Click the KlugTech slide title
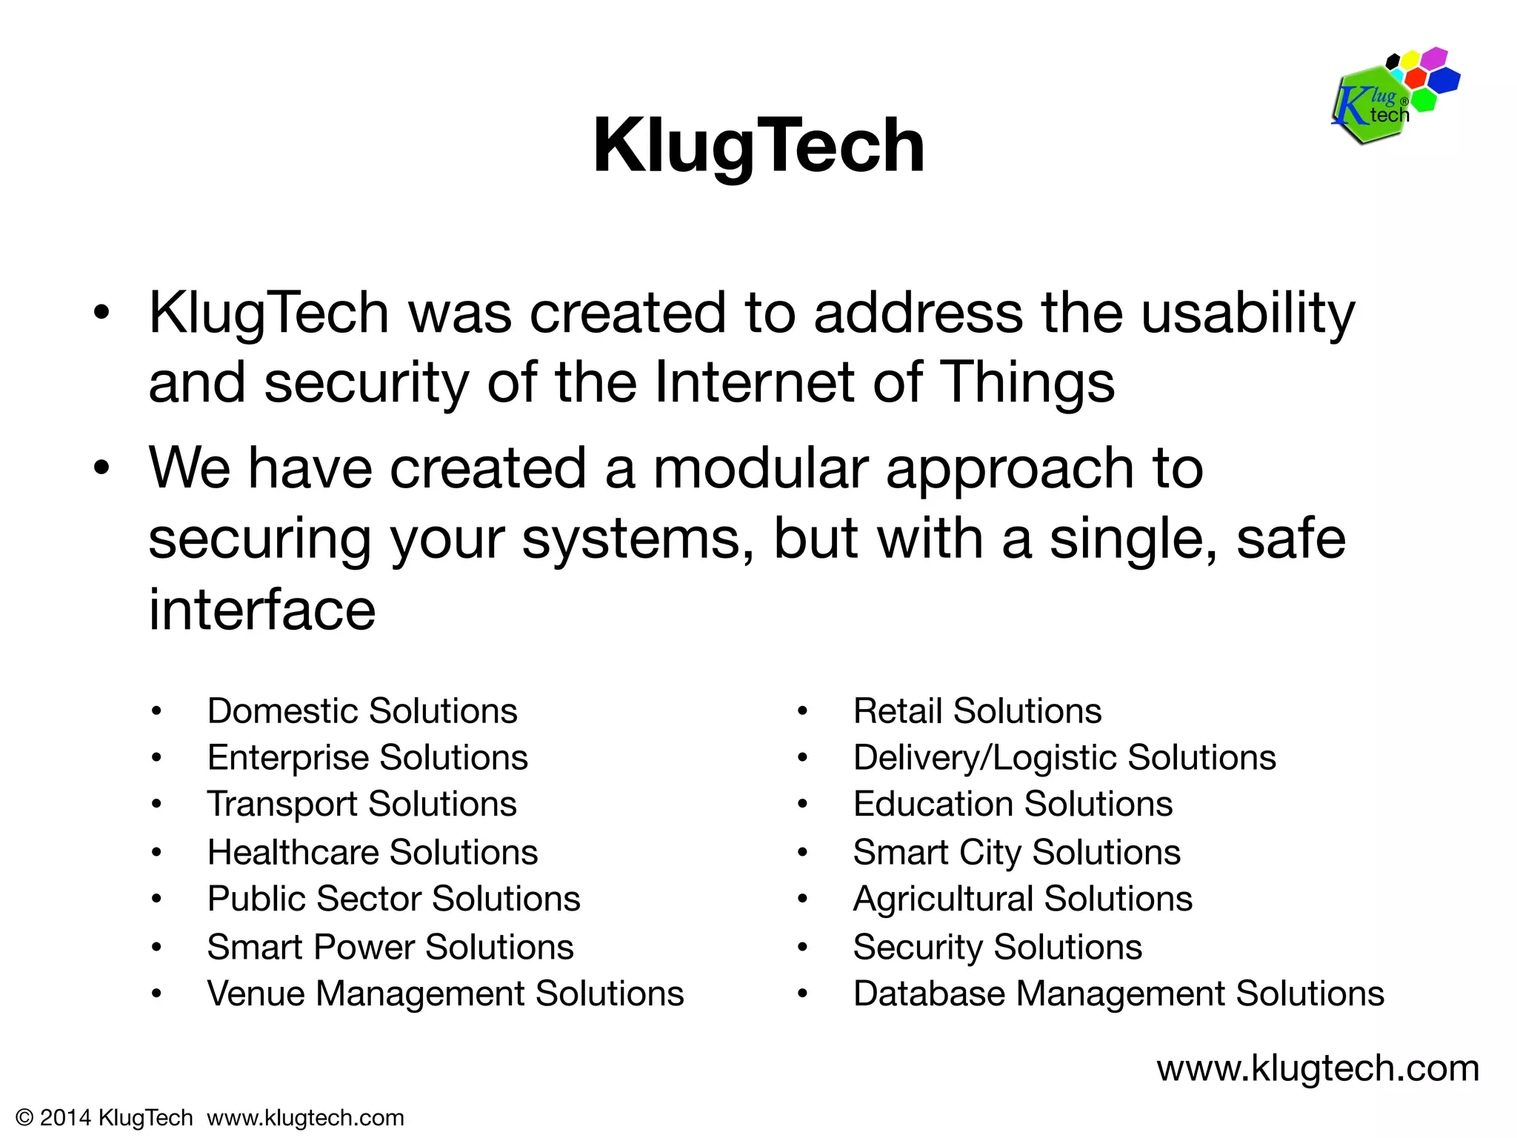(x=758, y=146)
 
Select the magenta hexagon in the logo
(x=1435, y=58)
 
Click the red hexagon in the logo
(x=1416, y=78)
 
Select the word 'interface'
(x=262, y=610)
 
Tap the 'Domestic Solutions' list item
(x=362, y=711)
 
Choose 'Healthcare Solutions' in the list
(x=373, y=853)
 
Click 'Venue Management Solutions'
(x=445, y=994)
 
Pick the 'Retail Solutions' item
(x=977, y=711)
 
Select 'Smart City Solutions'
(x=1016, y=853)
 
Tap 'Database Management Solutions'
(x=1118, y=994)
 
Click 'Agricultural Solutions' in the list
(x=1022, y=899)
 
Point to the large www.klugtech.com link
(x=1318, y=1069)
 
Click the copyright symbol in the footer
(x=24, y=1118)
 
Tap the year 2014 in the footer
(x=65, y=1118)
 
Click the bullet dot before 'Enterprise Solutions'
(x=156, y=758)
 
